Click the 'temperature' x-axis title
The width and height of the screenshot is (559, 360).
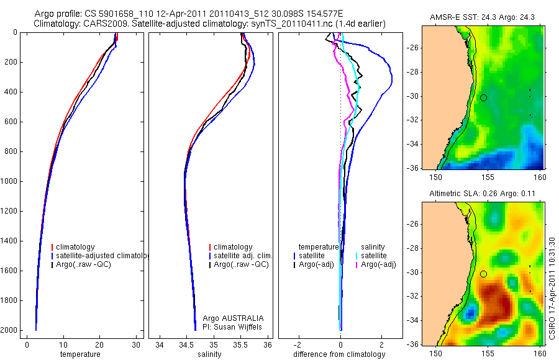tap(80, 354)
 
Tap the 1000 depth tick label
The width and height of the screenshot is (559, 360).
tap(9, 181)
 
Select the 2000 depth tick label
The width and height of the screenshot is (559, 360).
tap(9, 330)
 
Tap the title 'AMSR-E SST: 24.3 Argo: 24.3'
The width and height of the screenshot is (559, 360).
tap(477, 20)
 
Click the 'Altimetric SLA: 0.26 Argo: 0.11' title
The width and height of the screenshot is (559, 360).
tap(477, 195)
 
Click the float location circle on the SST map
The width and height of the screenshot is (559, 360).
tap(483, 97)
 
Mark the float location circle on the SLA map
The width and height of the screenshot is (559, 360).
tap(483, 274)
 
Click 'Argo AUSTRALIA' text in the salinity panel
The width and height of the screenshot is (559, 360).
tap(229, 318)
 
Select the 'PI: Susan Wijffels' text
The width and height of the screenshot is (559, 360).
tap(229, 326)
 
